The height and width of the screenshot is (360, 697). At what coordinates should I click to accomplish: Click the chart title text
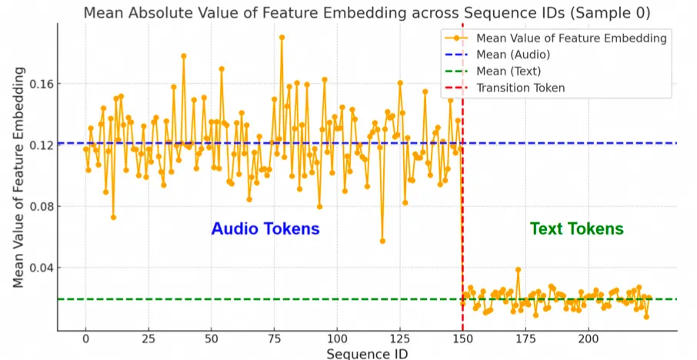click(x=366, y=13)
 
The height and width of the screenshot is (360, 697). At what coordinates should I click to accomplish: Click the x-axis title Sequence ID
click(x=366, y=353)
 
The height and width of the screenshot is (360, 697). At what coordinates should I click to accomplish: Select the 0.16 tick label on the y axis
click(x=42, y=83)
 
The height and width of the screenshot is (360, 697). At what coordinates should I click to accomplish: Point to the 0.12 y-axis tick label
click(x=42, y=145)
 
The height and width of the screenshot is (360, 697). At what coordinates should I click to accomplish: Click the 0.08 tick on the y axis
click(x=42, y=206)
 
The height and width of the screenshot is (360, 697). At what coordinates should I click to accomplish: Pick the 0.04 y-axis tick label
click(x=42, y=268)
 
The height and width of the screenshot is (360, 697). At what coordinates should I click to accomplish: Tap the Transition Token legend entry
click(x=521, y=88)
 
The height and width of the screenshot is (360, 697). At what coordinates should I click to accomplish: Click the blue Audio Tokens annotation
click(x=265, y=228)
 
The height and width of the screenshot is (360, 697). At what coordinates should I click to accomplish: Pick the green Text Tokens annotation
click(x=576, y=228)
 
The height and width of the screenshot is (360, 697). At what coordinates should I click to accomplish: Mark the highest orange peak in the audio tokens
click(x=282, y=37)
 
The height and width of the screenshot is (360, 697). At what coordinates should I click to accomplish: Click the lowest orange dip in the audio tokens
click(x=382, y=241)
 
